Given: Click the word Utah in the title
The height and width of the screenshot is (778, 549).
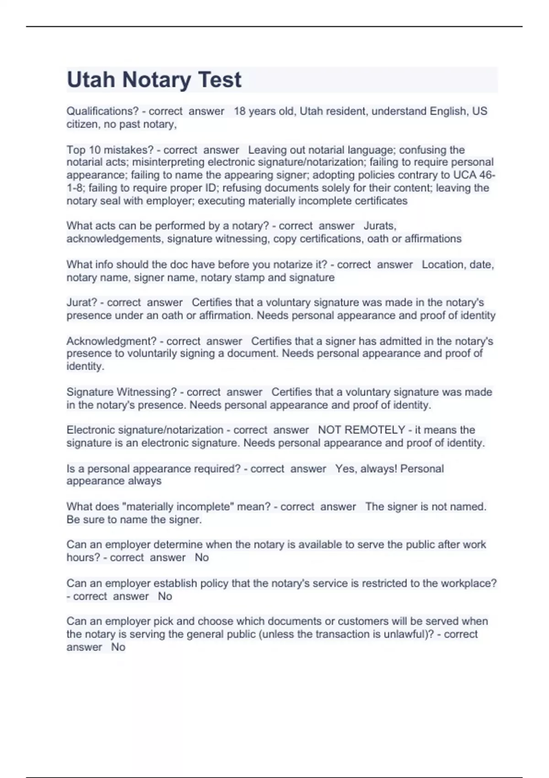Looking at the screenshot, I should [91, 80].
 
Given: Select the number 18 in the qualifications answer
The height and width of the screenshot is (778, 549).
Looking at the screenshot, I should [240, 111].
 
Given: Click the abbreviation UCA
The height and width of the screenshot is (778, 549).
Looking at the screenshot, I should [465, 175].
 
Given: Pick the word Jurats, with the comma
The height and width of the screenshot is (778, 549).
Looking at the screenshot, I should [380, 226].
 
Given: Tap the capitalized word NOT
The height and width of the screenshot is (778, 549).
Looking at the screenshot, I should [329, 430].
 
